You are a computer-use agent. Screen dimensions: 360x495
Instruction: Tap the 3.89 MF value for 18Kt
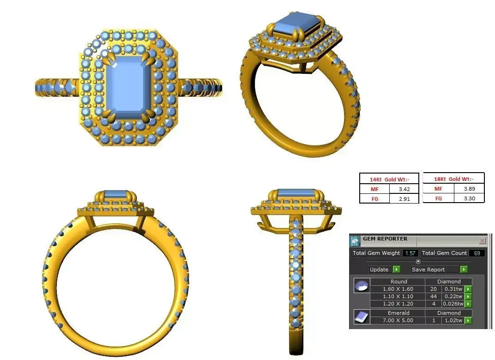tap(468, 188)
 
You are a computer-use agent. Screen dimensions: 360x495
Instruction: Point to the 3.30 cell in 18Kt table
tap(468, 198)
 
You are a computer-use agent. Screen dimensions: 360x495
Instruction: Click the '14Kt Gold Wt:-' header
tap(389, 179)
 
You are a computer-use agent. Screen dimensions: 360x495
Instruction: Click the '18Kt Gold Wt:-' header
tap(453, 179)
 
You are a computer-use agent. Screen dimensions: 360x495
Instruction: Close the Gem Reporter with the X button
tap(482, 240)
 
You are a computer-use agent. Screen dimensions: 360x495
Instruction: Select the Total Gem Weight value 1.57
tap(410, 253)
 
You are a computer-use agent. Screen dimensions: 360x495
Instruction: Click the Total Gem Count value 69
tap(477, 253)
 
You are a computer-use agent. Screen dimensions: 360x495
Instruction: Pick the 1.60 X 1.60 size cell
tap(398, 289)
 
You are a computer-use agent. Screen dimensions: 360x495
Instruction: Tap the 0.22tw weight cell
tap(453, 296)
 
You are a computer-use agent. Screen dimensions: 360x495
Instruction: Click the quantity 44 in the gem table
tap(433, 296)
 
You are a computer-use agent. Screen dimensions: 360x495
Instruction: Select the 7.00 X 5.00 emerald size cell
tap(398, 320)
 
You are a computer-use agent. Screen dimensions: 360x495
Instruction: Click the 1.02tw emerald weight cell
tap(453, 320)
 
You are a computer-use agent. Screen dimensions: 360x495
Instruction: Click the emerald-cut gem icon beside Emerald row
tap(361, 317)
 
